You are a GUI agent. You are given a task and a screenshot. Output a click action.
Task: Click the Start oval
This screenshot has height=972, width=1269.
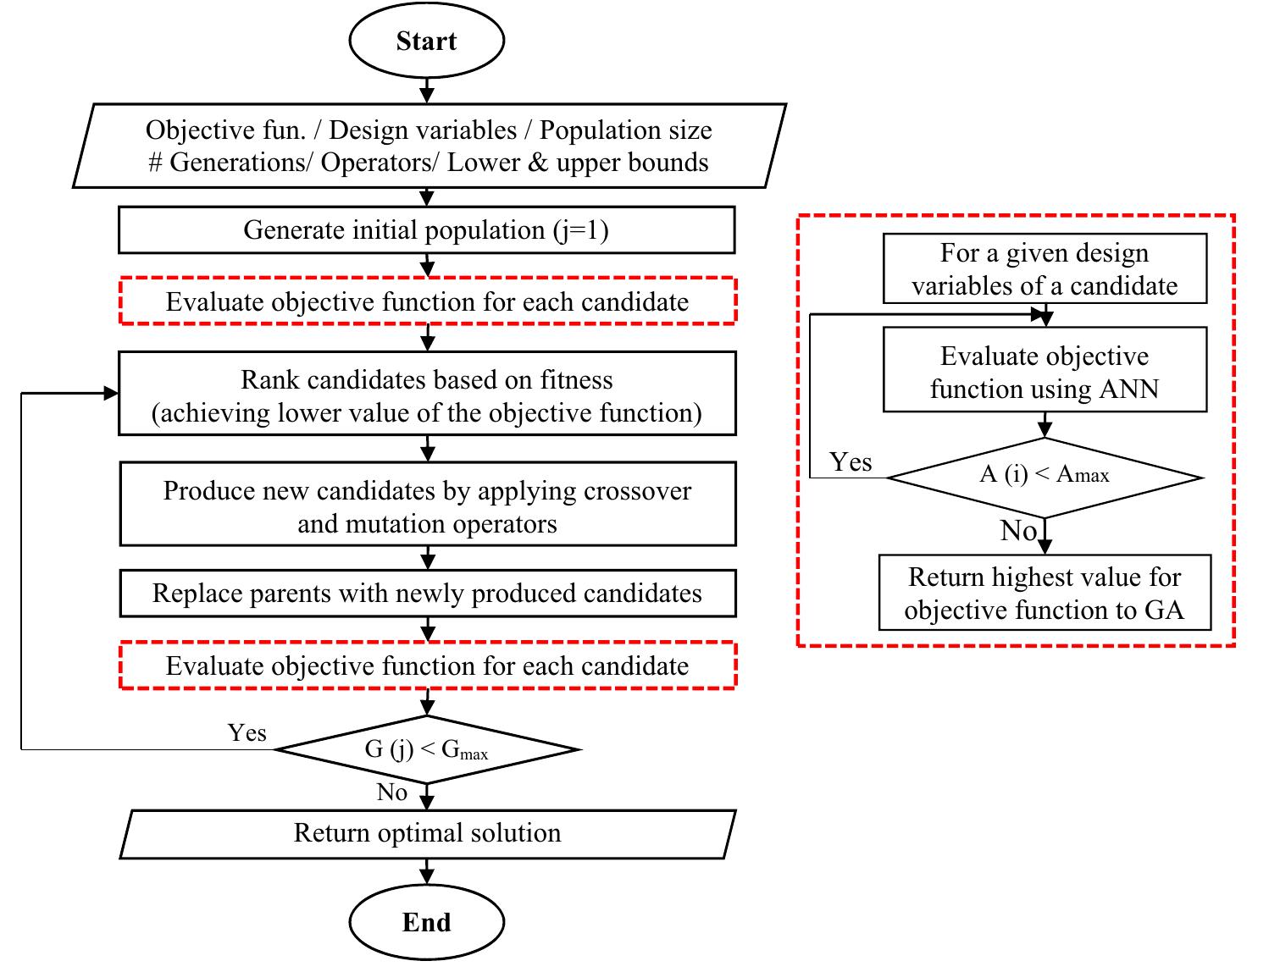tap(426, 41)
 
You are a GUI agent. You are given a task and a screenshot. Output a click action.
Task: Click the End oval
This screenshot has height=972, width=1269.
tap(426, 922)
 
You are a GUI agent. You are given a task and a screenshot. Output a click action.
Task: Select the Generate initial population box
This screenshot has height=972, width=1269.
tap(426, 230)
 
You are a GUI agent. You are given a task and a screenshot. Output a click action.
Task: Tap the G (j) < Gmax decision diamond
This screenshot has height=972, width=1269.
tap(426, 749)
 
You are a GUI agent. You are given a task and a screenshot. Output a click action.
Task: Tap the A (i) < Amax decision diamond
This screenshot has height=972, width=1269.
tap(1044, 476)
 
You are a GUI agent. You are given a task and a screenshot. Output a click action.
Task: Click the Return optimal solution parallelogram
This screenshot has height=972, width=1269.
tap(426, 834)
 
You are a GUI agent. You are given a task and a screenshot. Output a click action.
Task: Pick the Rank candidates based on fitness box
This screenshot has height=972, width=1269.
tap(426, 395)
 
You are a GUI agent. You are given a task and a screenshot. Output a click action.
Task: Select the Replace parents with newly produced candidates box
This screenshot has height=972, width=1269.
tap(426, 594)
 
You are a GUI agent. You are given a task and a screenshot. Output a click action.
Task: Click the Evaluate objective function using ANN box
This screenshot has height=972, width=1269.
tap(1044, 373)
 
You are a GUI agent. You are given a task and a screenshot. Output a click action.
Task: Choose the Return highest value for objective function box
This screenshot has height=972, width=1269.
tap(1044, 594)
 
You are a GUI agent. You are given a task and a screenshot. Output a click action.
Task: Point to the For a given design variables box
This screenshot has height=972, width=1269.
tap(1044, 269)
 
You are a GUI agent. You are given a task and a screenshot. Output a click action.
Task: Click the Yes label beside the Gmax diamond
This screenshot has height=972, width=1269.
tap(247, 732)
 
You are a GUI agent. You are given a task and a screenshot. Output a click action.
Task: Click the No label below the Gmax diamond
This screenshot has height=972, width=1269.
tap(392, 793)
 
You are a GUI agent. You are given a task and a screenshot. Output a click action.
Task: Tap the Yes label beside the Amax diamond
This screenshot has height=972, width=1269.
tap(851, 462)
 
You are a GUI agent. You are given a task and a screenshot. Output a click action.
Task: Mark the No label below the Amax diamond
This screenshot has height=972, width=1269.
tap(1018, 531)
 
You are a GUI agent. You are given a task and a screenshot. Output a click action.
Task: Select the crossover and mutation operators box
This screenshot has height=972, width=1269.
tap(426, 506)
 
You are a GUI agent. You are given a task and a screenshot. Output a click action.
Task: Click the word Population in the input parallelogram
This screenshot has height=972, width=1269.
tap(597, 130)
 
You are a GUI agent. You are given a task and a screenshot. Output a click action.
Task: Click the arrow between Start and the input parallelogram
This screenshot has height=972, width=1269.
tap(426, 89)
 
